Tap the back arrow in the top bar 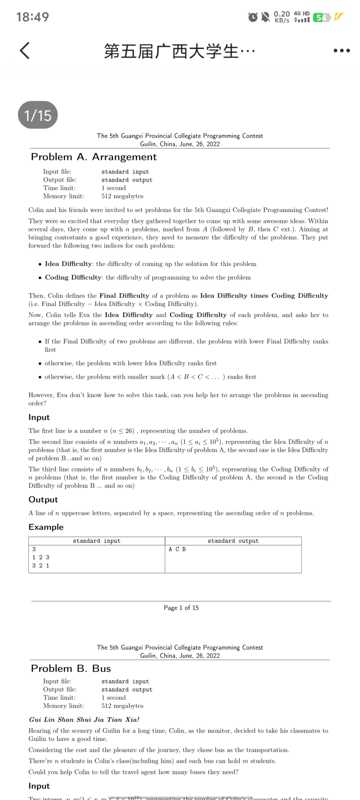[25, 51]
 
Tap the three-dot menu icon [342, 51]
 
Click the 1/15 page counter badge [38, 116]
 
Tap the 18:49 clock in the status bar [32, 17]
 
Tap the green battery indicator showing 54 [321, 18]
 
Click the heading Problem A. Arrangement [94, 157]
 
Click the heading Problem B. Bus [71, 669]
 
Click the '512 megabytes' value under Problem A [122, 196]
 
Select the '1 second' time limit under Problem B [113, 698]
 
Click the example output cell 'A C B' [177, 549]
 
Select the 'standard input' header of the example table [97, 541]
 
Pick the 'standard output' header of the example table [233, 541]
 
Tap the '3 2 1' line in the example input [41, 566]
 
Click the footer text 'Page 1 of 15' [181, 608]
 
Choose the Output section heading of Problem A [43, 500]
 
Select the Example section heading [46, 527]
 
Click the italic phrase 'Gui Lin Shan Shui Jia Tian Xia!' [84, 719]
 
